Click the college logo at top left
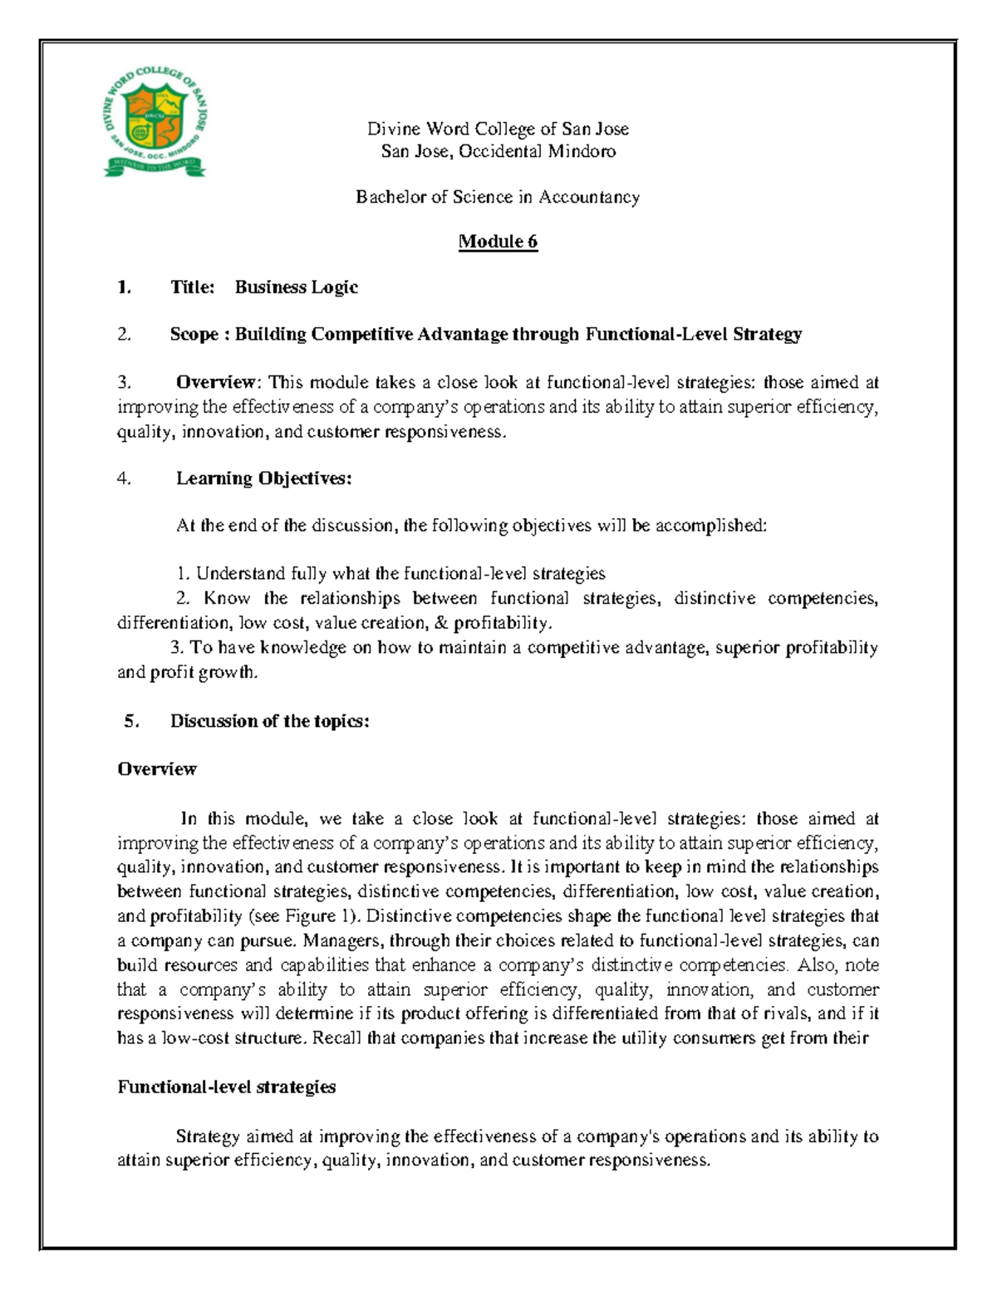(x=155, y=122)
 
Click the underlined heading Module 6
(x=498, y=242)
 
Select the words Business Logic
(x=296, y=287)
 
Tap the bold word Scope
(x=194, y=334)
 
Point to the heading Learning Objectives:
(x=263, y=478)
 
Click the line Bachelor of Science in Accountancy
(x=498, y=197)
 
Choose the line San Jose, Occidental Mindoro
(x=498, y=151)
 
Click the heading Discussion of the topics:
(x=269, y=721)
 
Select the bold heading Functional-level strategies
(x=226, y=1087)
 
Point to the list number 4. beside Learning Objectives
(x=124, y=478)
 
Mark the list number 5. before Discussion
(x=131, y=721)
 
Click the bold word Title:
(x=193, y=287)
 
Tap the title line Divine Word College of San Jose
(x=498, y=129)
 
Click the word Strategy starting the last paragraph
(x=208, y=1136)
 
